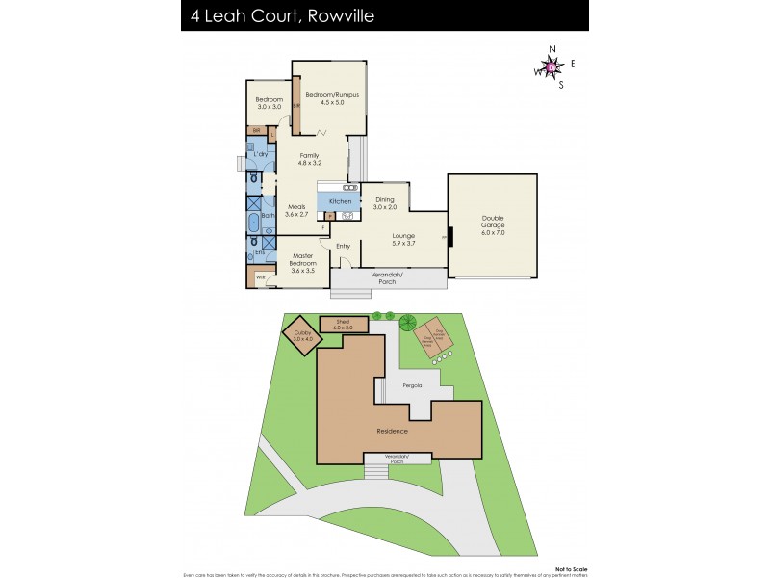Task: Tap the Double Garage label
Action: pyautogui.click(x=492, y=224)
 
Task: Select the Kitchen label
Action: pyautogui.click(x=340, y=201)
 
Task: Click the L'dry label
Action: pyautogui.click(x=259, y=155)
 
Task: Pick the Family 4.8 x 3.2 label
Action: pyautogui.click(x=309, y=159)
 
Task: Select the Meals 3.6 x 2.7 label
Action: pyautogui.click(x=296, y=210)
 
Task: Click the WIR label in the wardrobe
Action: pyautogui.click(x=260, y=277)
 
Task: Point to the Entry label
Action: pyautogui.click(x=344, y=246)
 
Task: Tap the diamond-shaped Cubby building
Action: pyautogui.click(x=303, y=336)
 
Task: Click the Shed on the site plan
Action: pyautogui.click(x=344, y=325)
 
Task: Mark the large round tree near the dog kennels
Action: pyautogui.click(x=407, y=323)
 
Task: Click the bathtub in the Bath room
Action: pyautogui.click(x=253, y=225)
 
